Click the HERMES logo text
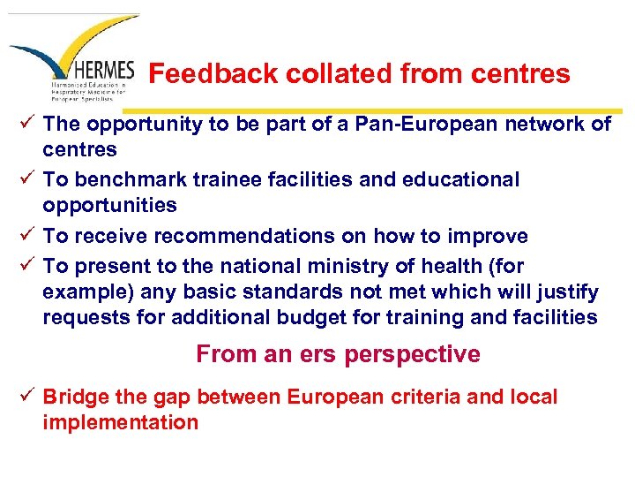point(105,70)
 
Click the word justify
point(569,291)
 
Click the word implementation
point(121,422)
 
